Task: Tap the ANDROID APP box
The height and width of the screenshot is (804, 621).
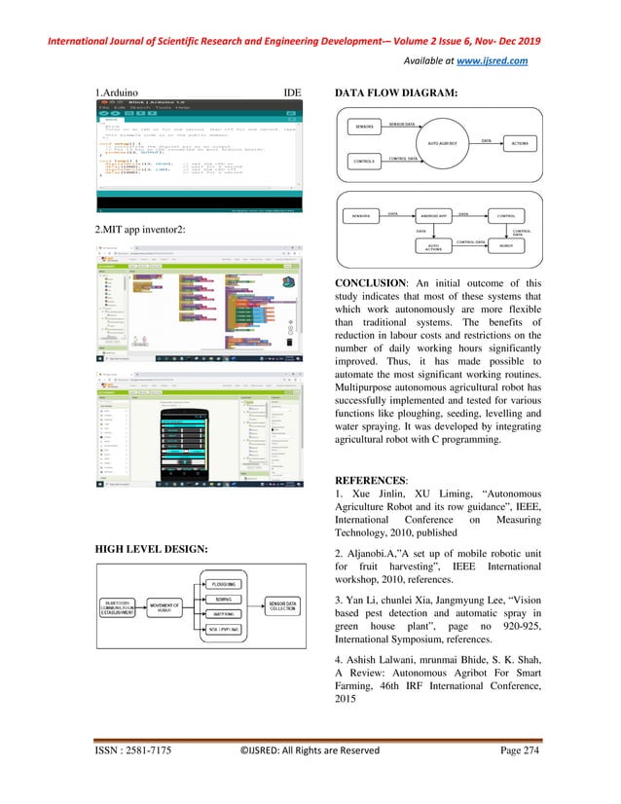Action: coord(433,214)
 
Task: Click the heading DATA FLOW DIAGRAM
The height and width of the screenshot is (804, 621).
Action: coord(396,94)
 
